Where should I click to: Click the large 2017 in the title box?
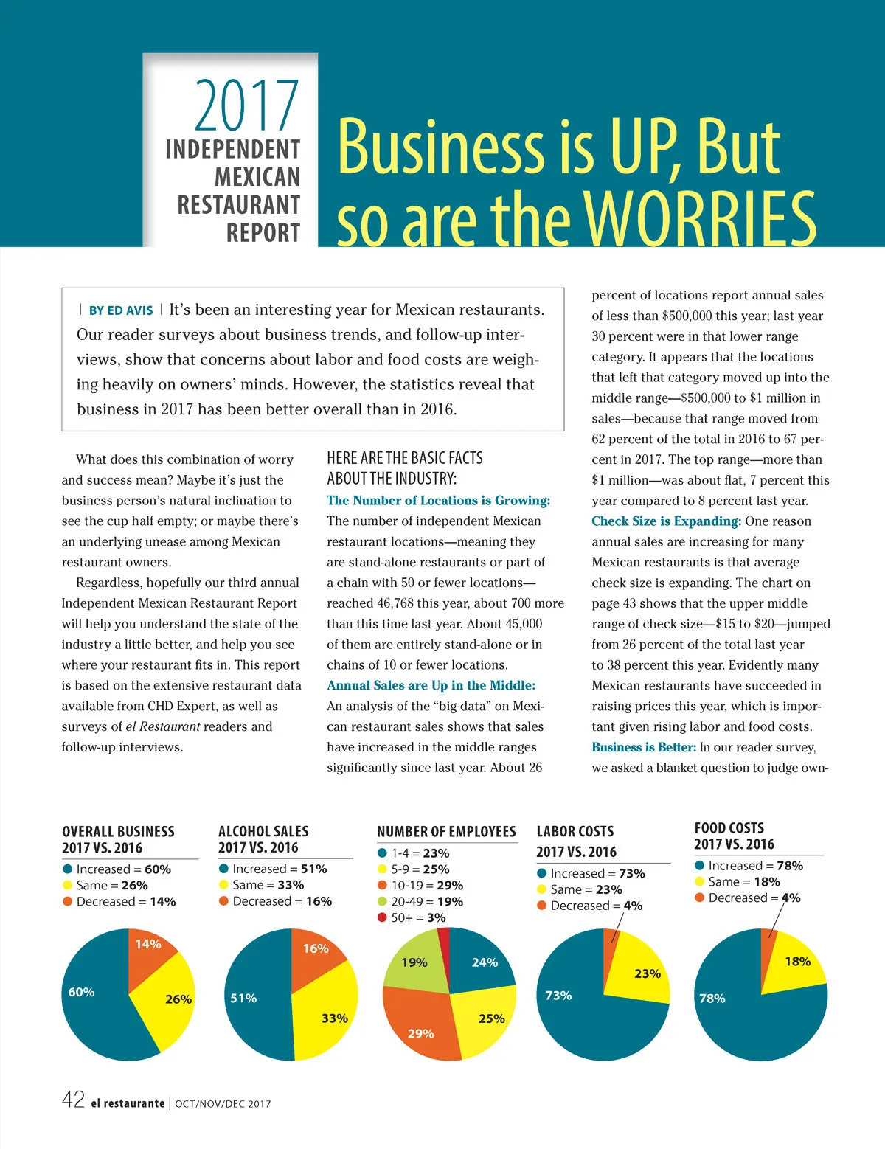click(246, 105)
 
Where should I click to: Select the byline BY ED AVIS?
click(120, 310)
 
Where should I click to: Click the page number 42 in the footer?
click(73, 1100)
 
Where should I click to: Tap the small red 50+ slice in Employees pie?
click(443, 940)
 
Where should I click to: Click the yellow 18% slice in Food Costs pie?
click(793, 962)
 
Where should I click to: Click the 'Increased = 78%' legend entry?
click(749, 865)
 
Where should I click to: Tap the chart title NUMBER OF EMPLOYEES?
click(446, 832)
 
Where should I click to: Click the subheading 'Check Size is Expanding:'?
click(666, 521)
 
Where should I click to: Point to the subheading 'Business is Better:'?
click(643, 747)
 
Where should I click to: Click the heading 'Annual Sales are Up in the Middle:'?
click(431, 685)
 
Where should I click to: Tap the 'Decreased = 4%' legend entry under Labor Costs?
click(589, 906)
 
